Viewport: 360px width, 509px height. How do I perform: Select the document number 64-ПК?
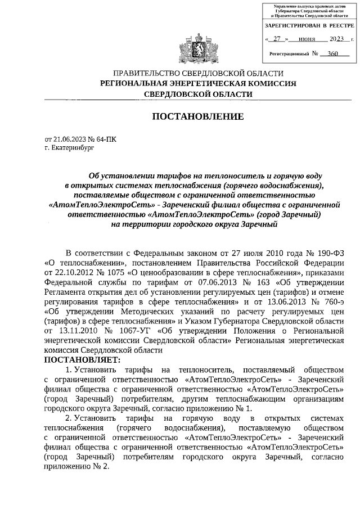click(x=106, y=138)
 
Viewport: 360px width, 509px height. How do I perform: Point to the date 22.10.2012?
click(x=68, y=272)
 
